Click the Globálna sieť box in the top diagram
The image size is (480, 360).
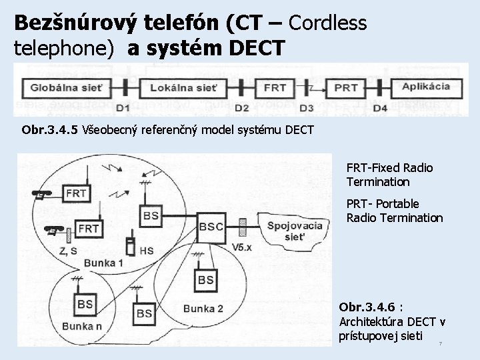point(62,87)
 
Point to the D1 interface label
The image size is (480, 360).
point(123,108)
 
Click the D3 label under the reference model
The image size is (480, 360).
point(307,108)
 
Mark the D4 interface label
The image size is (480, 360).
point(379,108)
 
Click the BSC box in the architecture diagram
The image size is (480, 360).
point(212,227)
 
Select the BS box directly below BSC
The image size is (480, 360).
point(206,279)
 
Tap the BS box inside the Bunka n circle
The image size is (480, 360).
point(85,304)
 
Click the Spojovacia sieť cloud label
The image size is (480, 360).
point(294,231)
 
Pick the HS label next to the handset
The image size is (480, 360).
point(148,250)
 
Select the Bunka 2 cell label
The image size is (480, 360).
point(203,308)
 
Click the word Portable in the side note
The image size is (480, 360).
point(397,203)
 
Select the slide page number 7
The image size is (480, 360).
point(440,344)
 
